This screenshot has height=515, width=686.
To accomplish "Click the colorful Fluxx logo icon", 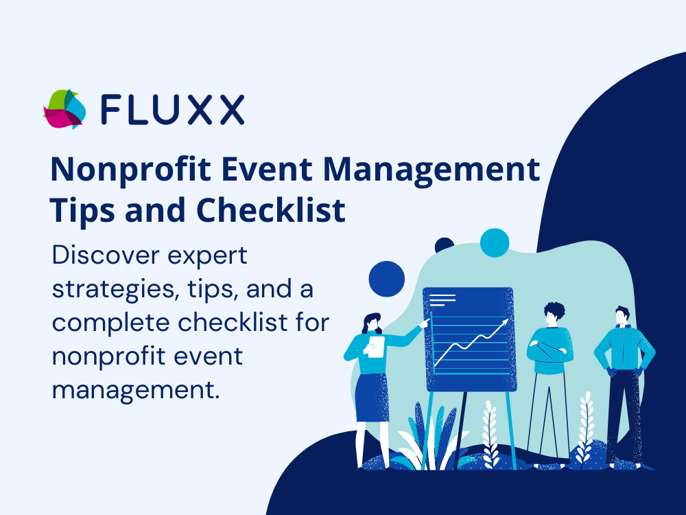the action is click(x=64, y=109).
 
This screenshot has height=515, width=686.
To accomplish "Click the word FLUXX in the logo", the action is click(x=172, y=109).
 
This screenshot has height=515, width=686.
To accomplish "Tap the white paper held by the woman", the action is click(x=375, y=347).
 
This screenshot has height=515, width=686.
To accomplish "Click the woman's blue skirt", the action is click(x=372, y=398).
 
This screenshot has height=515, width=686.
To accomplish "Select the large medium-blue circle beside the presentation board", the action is click(x=387, y=279).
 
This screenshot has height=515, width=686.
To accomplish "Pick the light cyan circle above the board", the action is click(x=495, y=242).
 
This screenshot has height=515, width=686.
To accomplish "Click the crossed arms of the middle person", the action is click(x=550, y=351).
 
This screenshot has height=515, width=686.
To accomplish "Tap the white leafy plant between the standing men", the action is click(x=585, y=428).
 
